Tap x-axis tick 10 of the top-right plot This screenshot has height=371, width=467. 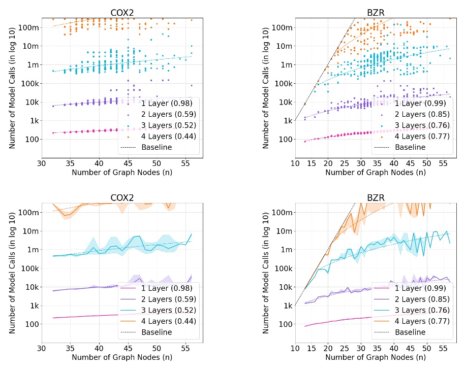point(295,163)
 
